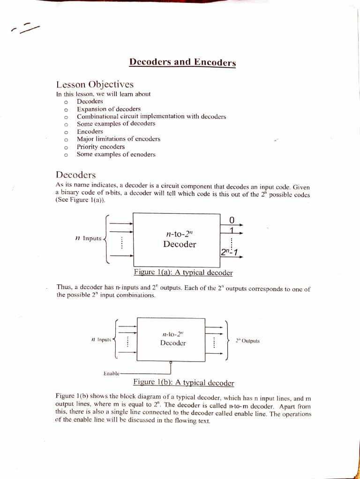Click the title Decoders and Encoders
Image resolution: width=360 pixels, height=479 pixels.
[182, 62]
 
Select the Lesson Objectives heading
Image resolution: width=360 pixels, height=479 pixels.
[95, 85]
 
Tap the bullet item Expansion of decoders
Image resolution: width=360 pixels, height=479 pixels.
[109, 109]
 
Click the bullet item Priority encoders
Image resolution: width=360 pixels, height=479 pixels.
[101, 146]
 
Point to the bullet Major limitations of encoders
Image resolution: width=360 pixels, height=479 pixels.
[119, 139]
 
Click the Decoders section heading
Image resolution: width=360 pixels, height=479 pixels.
[75, 175]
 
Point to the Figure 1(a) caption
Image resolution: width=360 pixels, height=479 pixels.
[183, 273]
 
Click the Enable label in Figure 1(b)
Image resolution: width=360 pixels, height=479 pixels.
[111, 373]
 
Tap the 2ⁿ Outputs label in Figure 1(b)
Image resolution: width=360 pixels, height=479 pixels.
[247, 341]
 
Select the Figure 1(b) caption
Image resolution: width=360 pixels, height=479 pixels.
[184, 383]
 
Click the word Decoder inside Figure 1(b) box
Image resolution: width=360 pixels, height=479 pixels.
[173, 343]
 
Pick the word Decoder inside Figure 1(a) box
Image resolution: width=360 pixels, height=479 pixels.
[180, 244]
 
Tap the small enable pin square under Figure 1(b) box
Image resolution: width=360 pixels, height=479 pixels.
[171, 362]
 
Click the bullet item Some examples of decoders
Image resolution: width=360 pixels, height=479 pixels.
[116, 124]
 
